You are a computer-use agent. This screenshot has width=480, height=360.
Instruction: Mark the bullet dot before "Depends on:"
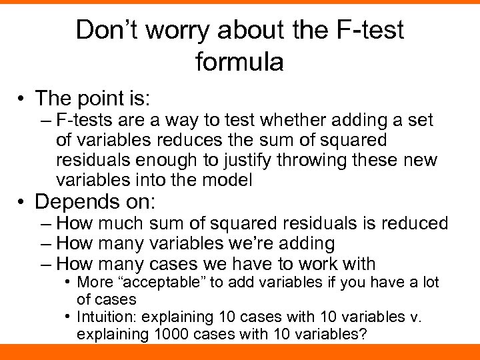point(23,202)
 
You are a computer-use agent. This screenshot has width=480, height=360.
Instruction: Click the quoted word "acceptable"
point(164,283)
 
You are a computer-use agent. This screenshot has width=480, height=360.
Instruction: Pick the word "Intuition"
point(107,317)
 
